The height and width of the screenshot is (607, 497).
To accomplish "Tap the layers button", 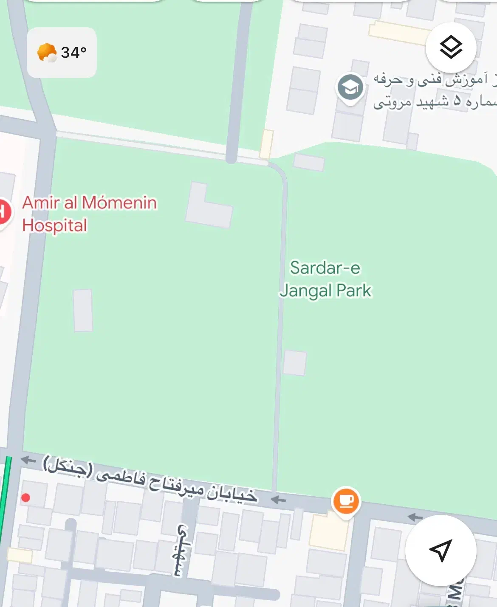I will [x=451, y=47].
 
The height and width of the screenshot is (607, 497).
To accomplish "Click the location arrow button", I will [x=441, y=550].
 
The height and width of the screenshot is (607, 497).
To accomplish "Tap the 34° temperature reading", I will [x=73, y=53].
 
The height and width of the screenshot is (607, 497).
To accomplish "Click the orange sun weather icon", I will [x=47, y=53].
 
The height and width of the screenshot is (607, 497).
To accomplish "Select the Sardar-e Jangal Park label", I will [x=325, y=279].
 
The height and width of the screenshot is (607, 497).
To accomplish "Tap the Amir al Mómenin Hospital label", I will [x=89, y=214].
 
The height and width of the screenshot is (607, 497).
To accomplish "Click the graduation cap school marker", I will [x=350, y=88].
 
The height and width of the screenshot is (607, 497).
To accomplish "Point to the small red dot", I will [x=25, y=497].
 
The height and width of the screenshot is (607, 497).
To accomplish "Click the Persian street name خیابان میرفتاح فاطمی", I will [x=151, y=479].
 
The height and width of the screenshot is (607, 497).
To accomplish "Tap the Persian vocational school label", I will [x=433, y=90].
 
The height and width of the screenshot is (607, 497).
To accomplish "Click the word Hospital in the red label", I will [x=54, y=225].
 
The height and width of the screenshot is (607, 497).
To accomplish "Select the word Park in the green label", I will [x=354, y=291].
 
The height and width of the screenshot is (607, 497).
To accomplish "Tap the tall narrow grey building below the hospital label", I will [x=83, y=310].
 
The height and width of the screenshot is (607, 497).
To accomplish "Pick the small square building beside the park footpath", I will [x=295, y=363].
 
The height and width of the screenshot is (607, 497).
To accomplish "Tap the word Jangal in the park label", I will [x=305, y=291].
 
